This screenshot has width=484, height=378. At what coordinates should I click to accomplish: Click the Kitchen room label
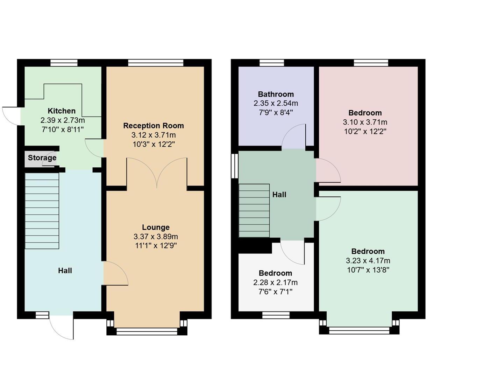pyautogui.click(x=62, y=111)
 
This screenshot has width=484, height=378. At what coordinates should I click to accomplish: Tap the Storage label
pyautogui.click(x=42, y=158)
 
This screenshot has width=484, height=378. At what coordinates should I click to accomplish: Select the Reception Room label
pyautogui.click(x=153, y=126)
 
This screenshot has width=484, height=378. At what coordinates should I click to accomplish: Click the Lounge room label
pyautogui.click(x=156, y=227)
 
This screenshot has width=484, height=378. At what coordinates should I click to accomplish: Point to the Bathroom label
pyautogui.click(x=276, y=94)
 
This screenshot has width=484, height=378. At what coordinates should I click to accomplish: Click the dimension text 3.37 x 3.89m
pyautogui.click(x=156, y=237)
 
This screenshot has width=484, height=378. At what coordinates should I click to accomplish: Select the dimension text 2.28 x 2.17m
pyautogui.click(x=275, y=282)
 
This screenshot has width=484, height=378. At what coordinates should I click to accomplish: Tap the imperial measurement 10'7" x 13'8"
pyautogui.click(x=368, y=270)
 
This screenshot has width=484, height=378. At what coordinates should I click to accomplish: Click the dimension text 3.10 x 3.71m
pyautogui.click(x=365, y=122)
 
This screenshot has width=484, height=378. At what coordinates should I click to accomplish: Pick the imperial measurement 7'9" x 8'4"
pyautogui.click(x=276, y=112)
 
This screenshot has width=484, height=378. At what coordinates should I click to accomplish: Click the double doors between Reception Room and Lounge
pyautogui.click(x=157, y=171)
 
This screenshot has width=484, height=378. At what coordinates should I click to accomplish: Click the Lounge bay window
pyautogui.click(x=147, y=331)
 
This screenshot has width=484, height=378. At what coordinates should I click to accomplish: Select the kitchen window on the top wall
pyautogui.click(x=64, y=63)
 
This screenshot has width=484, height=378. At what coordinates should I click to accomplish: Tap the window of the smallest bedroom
pyautogui.click(x=276, y=315)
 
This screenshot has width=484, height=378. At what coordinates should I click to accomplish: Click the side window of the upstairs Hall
pyautogui.click(x=234, y=165)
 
